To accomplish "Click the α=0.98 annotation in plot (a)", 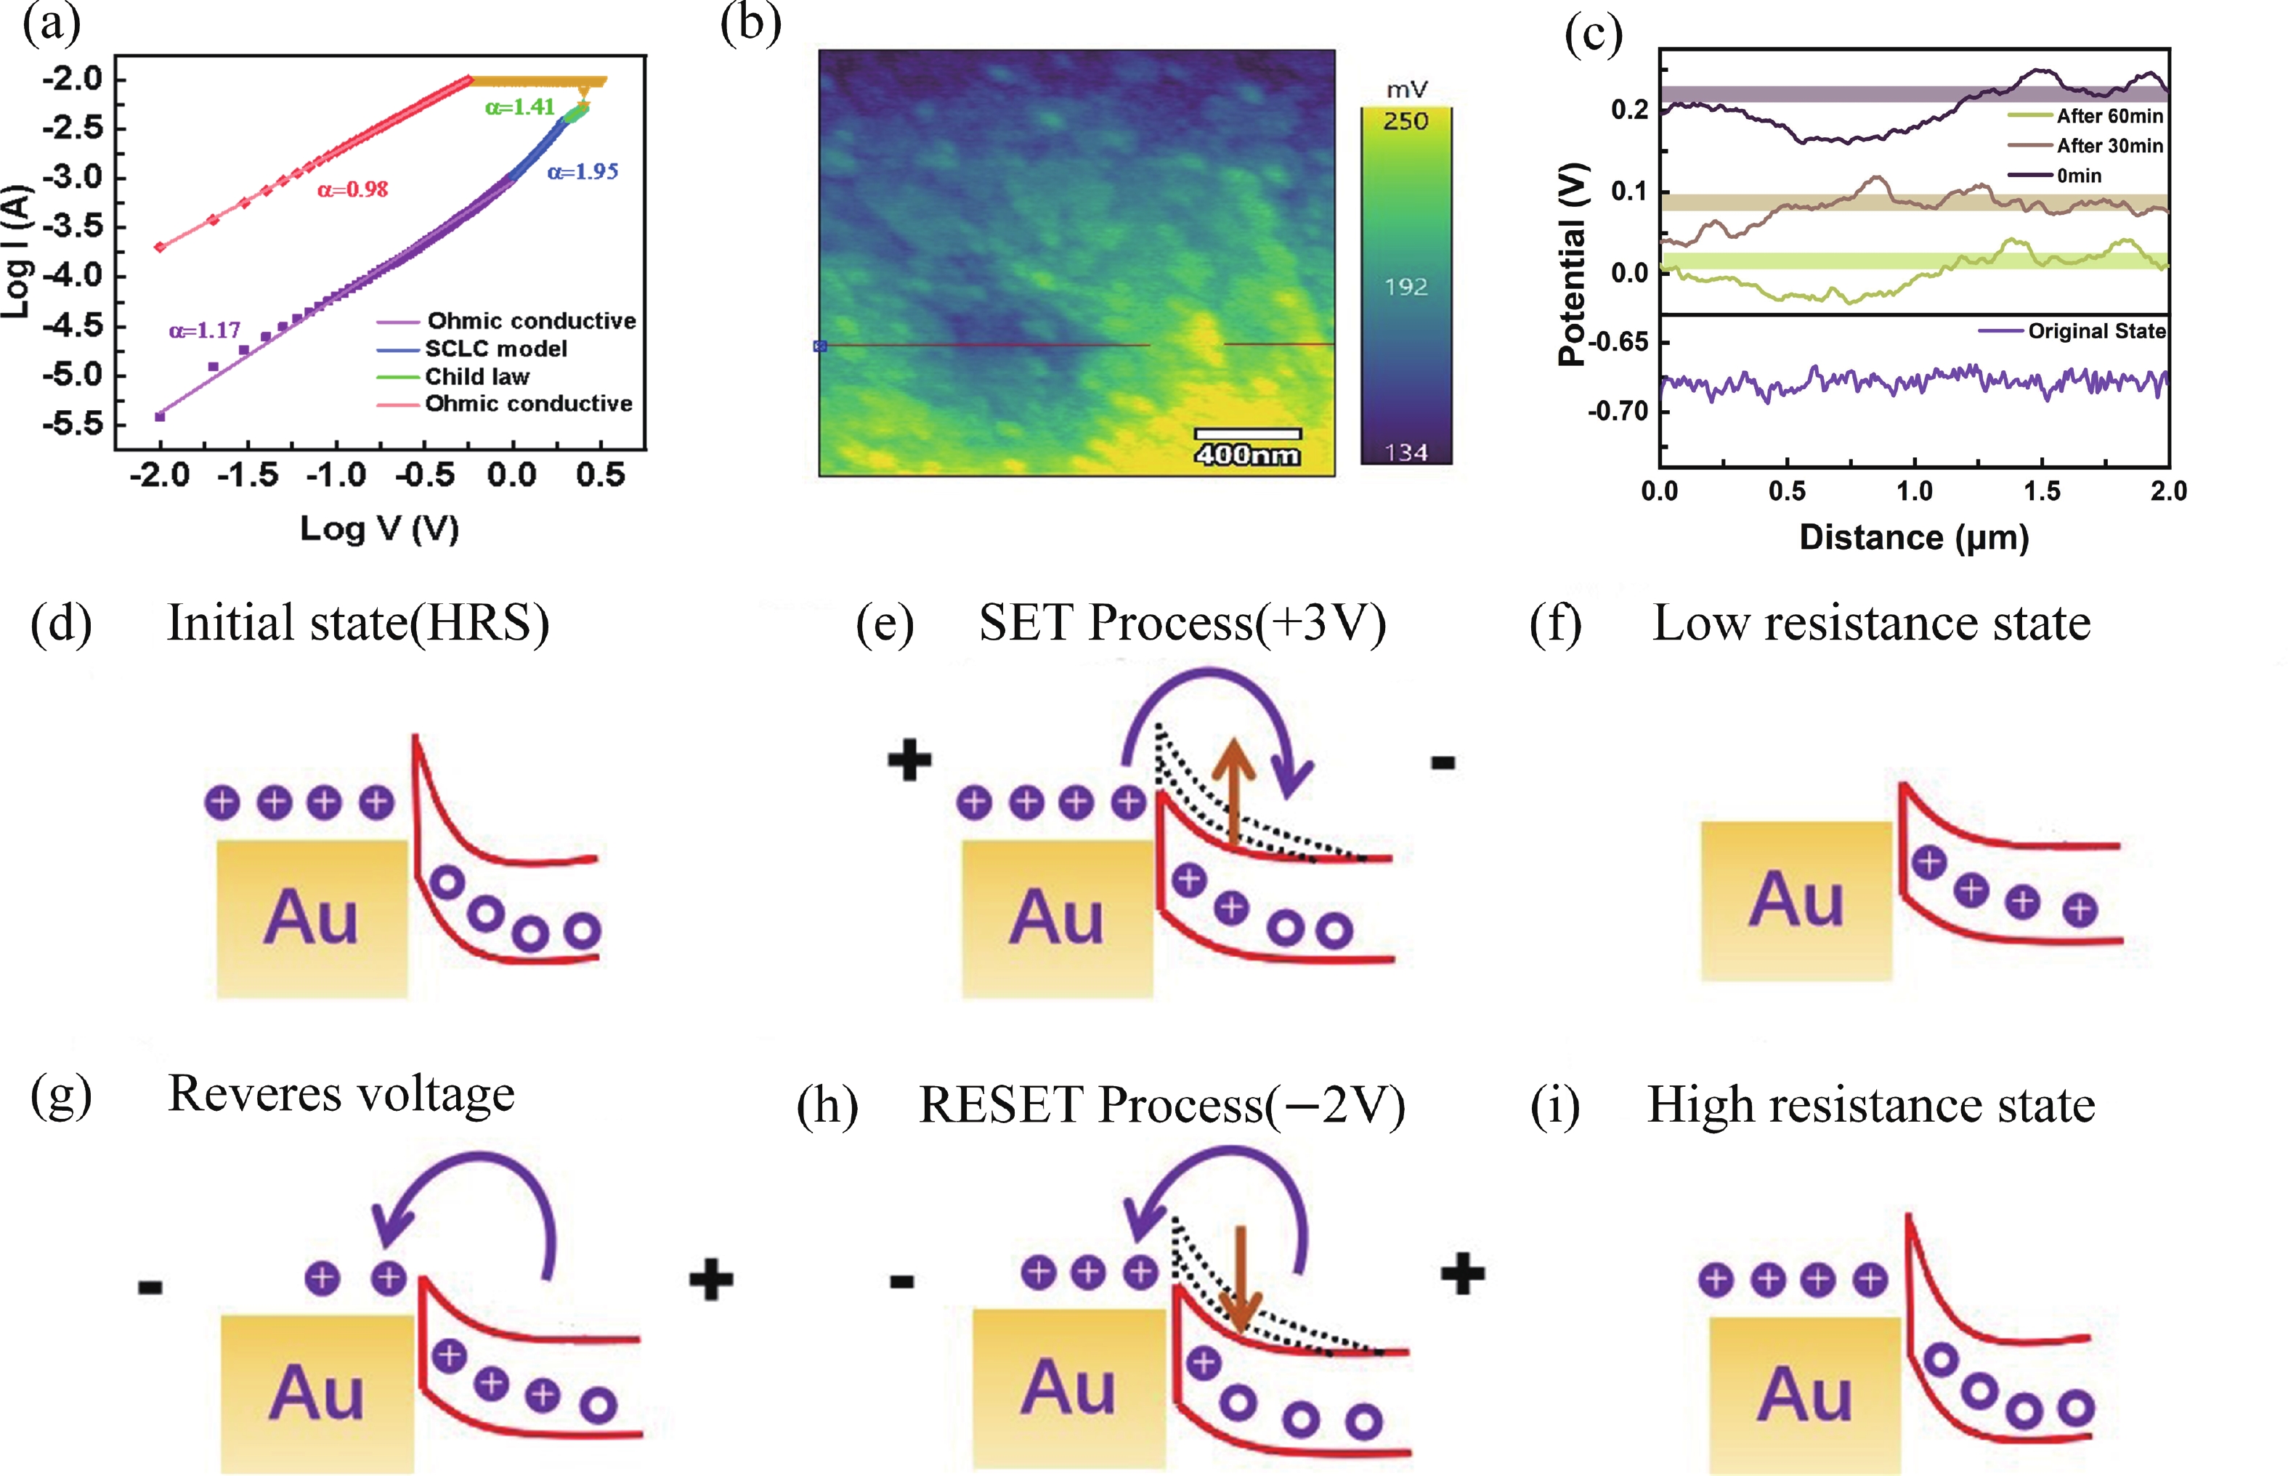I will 353,189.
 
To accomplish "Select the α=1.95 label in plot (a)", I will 583,173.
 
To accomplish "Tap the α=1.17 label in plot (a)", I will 204,330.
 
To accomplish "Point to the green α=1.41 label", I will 520,107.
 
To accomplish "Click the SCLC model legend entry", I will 496,349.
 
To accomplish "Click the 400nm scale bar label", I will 1246,454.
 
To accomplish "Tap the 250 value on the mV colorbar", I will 1405,121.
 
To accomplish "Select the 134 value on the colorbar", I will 1405,452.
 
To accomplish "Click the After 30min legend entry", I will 2109,146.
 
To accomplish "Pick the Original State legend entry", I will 2096,332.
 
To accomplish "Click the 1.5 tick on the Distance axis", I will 2042,492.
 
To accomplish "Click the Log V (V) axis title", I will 380,528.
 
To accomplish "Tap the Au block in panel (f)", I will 1796,900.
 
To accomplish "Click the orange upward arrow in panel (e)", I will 1234,791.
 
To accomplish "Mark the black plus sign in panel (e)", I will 909,761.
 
